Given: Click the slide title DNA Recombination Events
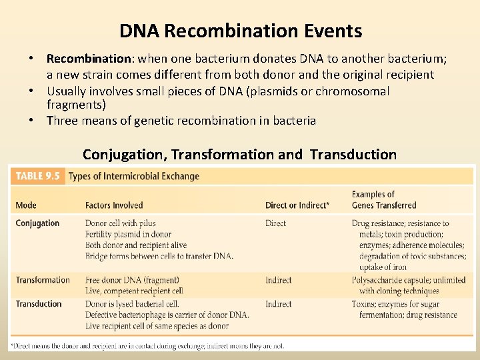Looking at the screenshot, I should (241, 31).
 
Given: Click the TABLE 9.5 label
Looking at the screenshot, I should (38, 176).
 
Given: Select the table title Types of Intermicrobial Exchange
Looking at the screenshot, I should (133, 176).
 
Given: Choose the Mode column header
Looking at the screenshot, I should (26, 205).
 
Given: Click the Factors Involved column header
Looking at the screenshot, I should (114, 205).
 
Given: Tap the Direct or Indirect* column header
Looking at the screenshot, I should (297, 205).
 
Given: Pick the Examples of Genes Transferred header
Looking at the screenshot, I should (383, 200).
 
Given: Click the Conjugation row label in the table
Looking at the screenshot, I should (37, 223).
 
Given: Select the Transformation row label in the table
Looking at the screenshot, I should (43, 280).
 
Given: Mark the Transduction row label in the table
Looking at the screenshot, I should (39, 304).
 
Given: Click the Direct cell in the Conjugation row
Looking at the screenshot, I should (275, 223).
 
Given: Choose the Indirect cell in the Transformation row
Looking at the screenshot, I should (279, 280).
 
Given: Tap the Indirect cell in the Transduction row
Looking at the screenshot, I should (279, 304).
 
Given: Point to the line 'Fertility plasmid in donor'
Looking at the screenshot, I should (128, 235).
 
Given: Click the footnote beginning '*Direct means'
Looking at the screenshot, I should (147, 346).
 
